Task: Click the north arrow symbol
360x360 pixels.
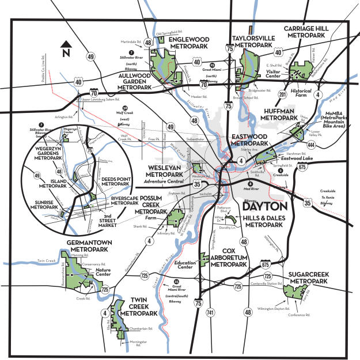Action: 67,48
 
